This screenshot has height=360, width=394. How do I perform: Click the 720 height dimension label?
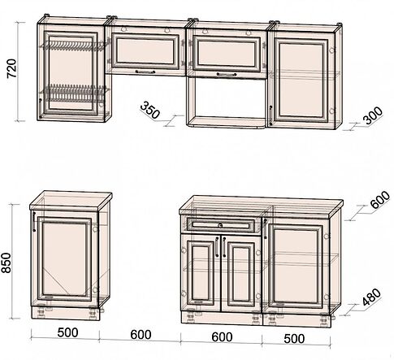pyautogui.click(x=12, y=68)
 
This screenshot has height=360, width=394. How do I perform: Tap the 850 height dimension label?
pyautogui.click(x=6, y=262)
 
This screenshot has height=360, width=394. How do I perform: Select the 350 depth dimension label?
pyautogui.click(x=150, y=110)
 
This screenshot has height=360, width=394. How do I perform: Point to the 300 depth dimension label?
pyautogui.click(x=373, y=115)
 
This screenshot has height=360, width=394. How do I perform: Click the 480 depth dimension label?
pyautogui.click(x=371, y=297)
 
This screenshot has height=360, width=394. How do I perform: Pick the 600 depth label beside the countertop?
pyautogui.click(x=379, y=200)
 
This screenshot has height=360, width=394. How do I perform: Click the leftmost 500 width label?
pyautogui.click(x=67, y=332)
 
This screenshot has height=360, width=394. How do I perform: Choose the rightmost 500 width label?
pyautogui.click(x=294, y=339)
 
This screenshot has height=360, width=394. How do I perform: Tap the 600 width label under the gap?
pyautogui.click(x=141, y=335)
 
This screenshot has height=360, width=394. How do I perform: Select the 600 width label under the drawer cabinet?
pyautogui.click(x=222, y=337)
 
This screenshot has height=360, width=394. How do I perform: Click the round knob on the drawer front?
pyautogui.click(x=220, y=225)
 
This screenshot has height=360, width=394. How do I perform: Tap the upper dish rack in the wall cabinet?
pyautogui.click(x=72, y=46)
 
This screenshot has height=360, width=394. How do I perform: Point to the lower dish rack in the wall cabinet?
pyautogui.click(x=76, y=93)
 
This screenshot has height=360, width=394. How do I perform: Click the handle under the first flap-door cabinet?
pyautogui.click(x=145, y=72)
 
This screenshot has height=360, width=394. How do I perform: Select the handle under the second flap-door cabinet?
pyautogui.click(x=227, y=74)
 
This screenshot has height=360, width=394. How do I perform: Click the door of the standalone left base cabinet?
pyautogui.click(x=64, y=258)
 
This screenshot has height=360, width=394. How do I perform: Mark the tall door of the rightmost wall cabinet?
pyautogui.click(x=301, y=80)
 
